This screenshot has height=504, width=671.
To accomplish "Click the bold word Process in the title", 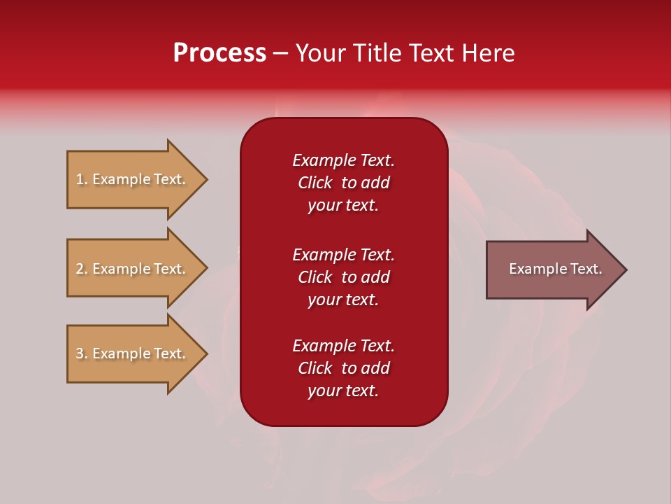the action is pyautogui.click(x=219, y=53).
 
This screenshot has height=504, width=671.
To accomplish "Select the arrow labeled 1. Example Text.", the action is pyautogui.click(x=133, y=179).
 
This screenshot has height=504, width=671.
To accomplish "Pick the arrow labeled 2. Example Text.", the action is pyautogui.click(x=133, y=269).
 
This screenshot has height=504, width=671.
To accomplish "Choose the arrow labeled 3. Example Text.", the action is pyautogui.click(x=133, y=353).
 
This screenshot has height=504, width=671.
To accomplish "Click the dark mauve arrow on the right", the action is pyautogui.click(x=552, y=269).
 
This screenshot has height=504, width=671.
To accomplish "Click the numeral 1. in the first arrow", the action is pyautogui.click(x=82, y=179).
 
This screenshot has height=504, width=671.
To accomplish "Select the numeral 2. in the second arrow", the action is pyautogui.click(x=82, y=269).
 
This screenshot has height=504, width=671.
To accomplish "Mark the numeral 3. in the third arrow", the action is pyautogui.click(x=82, y=353).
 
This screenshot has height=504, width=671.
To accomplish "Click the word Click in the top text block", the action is pyautogui.click(x=315, y=183).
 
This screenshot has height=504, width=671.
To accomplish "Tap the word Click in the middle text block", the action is pyautogui.click(x=315, y=277).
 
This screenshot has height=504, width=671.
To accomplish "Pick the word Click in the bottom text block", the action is pyautogui.click(x=315, y=368).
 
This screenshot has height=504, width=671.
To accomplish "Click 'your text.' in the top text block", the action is pyautogui.click(x=343, y=205).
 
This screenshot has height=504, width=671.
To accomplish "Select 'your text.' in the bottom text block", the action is pyautogui.click(x=343, y=391).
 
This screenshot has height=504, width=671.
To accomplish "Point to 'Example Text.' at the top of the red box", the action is pyautogui.click(x=343, y=160).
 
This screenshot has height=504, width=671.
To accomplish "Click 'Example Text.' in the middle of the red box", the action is pyautogui.click(x=343, y=255).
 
